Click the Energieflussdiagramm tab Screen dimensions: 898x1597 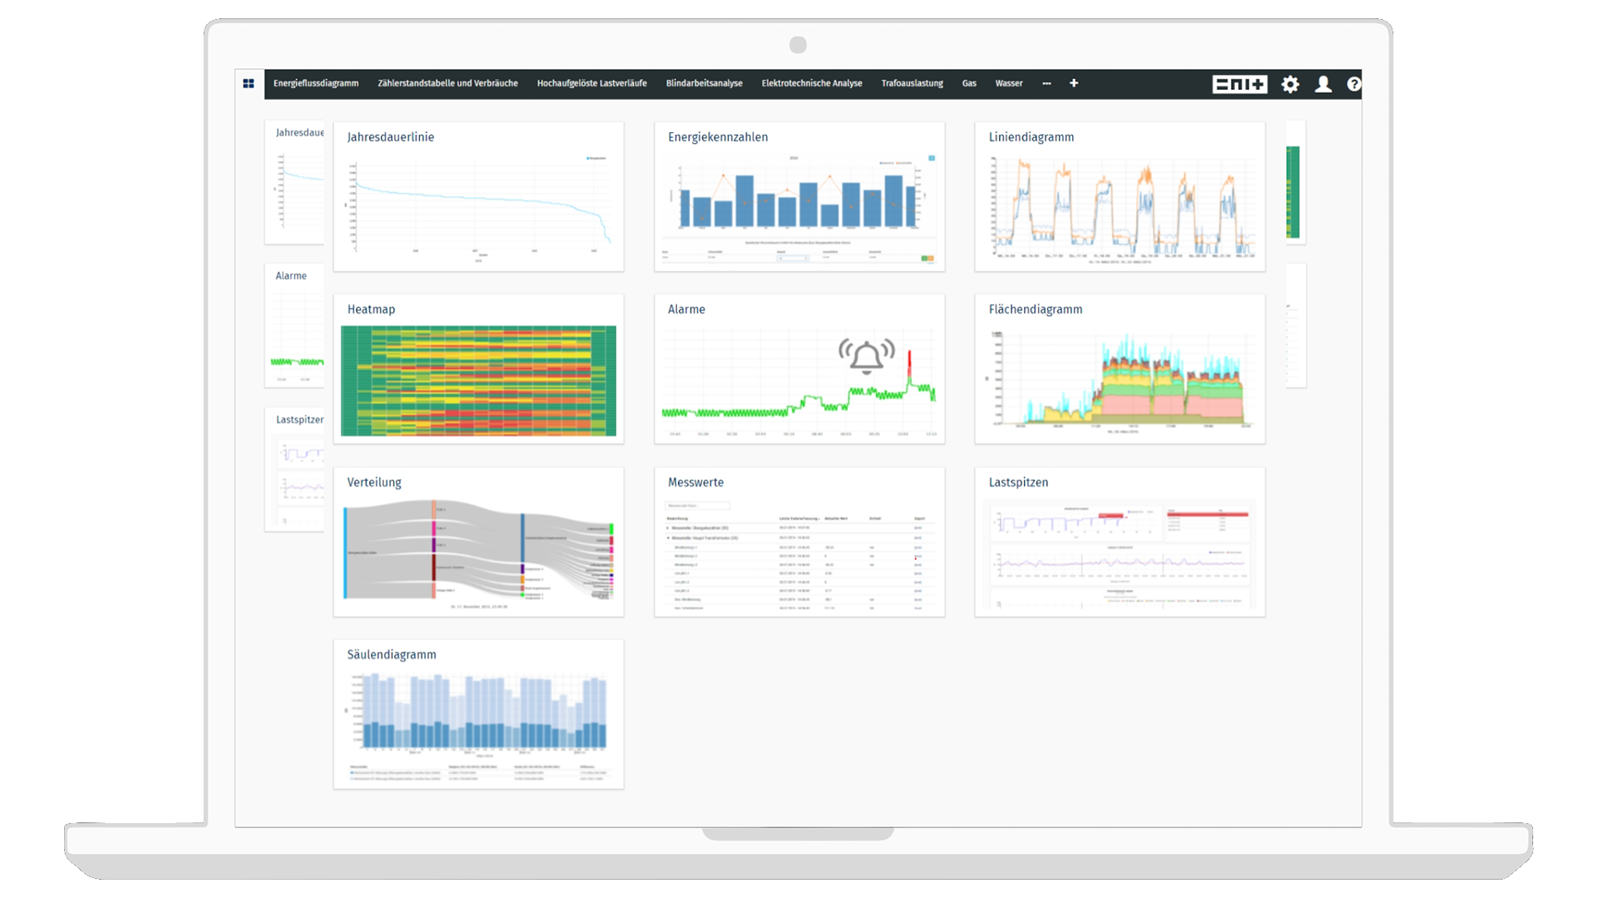tap(315, 83)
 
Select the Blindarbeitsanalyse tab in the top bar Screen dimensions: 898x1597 tap(704, 83)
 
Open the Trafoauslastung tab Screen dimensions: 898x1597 tap(912, 83)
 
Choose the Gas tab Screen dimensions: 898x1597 tap(969, 83)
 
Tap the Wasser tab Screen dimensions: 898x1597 tap(1008, 83)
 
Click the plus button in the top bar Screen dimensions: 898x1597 tap(1074, 83)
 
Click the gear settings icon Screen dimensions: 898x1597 tap(1290, 84)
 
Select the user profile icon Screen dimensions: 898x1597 tap(1323, 84)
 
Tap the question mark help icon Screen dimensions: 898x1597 tap(1354, 84)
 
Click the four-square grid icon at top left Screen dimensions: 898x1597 tap(249, 83)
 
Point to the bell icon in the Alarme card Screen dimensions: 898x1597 tap(867, 357)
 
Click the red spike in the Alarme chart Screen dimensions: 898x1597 tap(909, 364)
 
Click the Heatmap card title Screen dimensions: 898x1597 tap(371, 309)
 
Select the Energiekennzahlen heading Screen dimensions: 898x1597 tap(718, 137)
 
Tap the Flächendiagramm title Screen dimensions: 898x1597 tap(1036, 309)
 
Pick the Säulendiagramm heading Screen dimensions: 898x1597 tap(392, 654)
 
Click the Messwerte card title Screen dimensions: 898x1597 tap(695, 482)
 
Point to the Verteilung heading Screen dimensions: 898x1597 tap(374, 482)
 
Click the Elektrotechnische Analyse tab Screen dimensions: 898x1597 tap(811, 83)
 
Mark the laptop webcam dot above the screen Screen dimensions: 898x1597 tap(798, 45)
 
